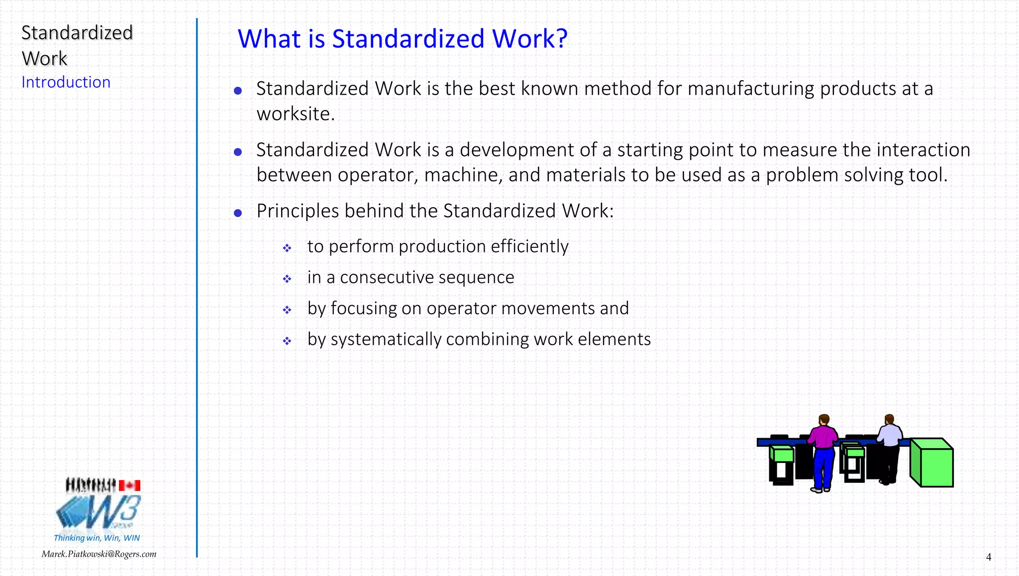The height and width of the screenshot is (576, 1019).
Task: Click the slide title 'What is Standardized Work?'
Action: coord(402,39)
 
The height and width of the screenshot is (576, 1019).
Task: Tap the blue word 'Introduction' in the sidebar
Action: coord(66,82)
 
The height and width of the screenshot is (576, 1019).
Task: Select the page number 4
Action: coord(988,557)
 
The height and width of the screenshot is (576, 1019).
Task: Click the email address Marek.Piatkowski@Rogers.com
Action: coord(99,554)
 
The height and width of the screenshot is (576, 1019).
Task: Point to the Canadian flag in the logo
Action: coord(129,485)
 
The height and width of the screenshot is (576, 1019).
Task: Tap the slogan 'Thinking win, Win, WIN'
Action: coord(97,538)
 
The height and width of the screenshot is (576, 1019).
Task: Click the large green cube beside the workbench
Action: coord(932,462)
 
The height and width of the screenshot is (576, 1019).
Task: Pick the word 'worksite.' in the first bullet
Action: coord(296,114)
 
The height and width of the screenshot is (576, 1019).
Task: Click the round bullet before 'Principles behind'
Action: coord(238,213)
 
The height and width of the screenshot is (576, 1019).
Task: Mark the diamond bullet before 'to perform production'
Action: coord(287,248)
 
